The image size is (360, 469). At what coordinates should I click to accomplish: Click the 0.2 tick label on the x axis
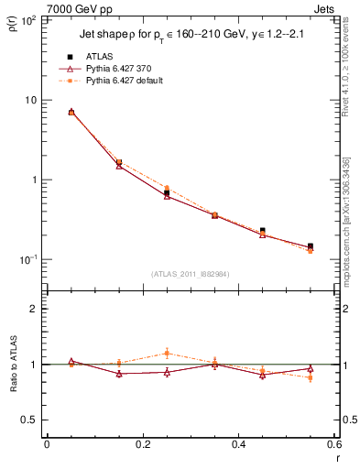[x=142, y=444]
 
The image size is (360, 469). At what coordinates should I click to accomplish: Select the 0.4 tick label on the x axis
[x=237, y=444]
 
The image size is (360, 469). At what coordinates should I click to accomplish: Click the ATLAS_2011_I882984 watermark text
[x=190, y=273]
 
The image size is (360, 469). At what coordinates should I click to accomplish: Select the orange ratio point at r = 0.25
[x=167, y=353]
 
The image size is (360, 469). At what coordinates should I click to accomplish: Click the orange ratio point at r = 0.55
[x=310, y=377]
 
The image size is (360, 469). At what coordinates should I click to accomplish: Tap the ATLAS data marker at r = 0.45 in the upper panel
[x=262, y=231]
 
